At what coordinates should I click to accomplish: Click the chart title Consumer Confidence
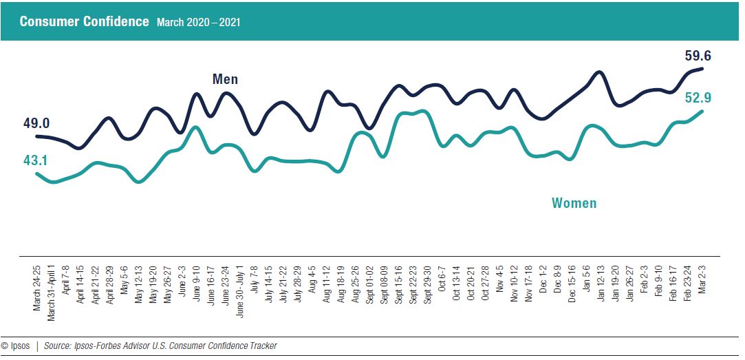coord(84,21)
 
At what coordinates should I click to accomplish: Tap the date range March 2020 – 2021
coord(198,22)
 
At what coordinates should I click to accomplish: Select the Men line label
coord(225,79)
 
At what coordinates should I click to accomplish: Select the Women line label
coord(574,203)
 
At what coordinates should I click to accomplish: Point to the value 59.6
coord(698,56)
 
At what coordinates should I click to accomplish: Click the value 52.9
coord(698,98)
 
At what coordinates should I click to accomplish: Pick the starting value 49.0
coord(36,123)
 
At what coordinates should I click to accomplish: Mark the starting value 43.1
coord(36,160)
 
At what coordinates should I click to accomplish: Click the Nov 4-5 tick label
coord(499,279)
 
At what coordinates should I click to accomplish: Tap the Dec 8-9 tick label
coord(557,279)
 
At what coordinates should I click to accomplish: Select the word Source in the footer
coord(57,346)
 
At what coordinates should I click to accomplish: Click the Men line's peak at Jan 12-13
coord(599,72)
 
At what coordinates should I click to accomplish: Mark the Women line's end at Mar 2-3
coord(702,111)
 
